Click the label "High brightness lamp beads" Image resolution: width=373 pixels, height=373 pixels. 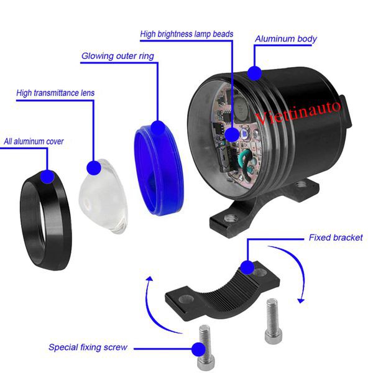(x=186, y=34)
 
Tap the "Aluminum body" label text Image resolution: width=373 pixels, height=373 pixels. (x=286, y=39)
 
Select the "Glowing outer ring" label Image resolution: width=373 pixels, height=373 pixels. (x=117, y=56)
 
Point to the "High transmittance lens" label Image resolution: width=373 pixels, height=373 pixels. (x=55, y=93)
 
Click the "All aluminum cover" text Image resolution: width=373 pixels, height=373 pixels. (x=34, y=142)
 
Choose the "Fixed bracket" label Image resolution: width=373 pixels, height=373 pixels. (x=336, y=237)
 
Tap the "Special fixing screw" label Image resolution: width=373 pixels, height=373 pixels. (x=88, y=347)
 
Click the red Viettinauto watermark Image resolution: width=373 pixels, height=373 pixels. (x=298, y=113)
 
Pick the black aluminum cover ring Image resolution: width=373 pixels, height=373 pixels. (x=45, y=221)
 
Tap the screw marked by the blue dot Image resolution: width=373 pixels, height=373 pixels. (x=205, y=348)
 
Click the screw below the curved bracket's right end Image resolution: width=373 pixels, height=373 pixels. (x=273, y=321)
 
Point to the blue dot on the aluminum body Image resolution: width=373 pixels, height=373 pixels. (x=254, y=73)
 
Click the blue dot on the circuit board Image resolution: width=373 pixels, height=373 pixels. (x=232, y=134)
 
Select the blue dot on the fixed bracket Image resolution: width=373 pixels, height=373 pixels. (x=247, y=267)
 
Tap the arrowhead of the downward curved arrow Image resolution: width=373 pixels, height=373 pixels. (x=301, y=300)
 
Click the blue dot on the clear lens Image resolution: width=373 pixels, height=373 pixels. (x=94, y=168)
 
